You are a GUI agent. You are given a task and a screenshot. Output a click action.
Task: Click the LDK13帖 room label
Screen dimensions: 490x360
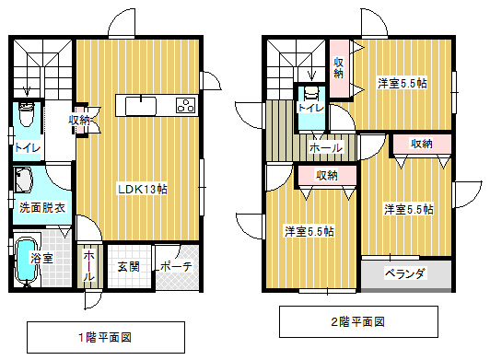click(x=143, y=189)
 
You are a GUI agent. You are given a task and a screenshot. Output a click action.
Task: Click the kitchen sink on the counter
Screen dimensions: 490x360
click(x=141, y=106)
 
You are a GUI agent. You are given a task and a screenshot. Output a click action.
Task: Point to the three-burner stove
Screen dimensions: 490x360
click(x=186, y=106)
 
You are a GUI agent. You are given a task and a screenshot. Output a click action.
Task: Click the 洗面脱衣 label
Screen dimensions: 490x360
click(x=42, y=207)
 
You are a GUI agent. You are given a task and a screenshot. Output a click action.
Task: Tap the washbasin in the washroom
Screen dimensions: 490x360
click(x=24, y=180)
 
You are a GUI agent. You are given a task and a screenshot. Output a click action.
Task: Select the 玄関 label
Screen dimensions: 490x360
click(x=128, y=267)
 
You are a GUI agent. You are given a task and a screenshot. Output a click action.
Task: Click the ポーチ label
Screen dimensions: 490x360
click(x=176, y=267)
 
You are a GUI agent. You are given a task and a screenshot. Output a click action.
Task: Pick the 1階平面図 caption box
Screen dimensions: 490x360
click(x=106, y=338)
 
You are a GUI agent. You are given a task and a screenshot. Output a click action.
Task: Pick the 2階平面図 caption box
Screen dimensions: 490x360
click(x=358, y=321)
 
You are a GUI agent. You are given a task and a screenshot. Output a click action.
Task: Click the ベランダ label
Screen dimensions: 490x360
click(x=405, y=273)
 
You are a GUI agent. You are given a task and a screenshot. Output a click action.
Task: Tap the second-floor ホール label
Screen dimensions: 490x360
click(x=326, y=148)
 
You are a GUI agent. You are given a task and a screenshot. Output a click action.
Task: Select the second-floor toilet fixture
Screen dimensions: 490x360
click(x=311, y=93)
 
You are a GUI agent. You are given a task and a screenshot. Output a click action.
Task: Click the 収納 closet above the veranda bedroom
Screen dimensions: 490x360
click(x=422, y=144)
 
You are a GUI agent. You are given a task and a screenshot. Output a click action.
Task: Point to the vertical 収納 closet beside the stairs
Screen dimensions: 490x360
click(x=339, y=68)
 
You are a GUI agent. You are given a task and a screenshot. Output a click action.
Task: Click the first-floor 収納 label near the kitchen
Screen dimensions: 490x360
click(x=79, y=120)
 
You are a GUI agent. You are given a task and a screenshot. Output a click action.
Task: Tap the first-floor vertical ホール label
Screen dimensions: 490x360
click(x=88, y=265)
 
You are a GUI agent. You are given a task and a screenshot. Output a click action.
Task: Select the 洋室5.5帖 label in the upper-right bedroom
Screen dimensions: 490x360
click(x=402, y=84)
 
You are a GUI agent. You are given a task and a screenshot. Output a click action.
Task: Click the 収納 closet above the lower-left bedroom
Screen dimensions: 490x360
click(x=327, y=176)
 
